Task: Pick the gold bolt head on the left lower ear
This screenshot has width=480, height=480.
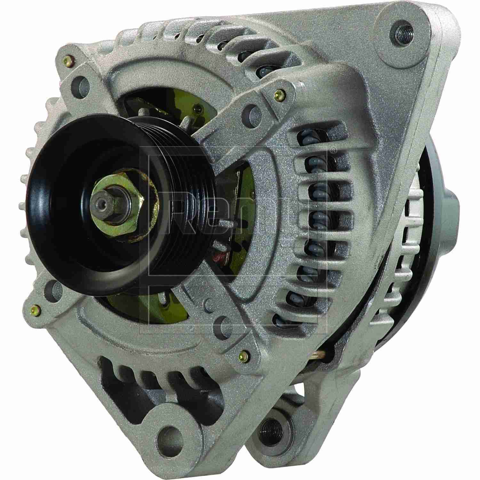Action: tap(36, 309)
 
